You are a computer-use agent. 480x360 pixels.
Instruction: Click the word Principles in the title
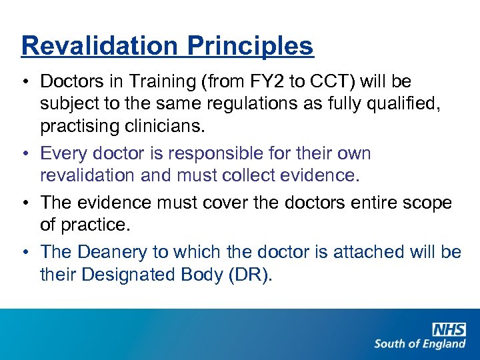click(x=250, y=46)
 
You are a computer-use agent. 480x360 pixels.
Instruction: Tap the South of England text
click(x=420, y=344)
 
